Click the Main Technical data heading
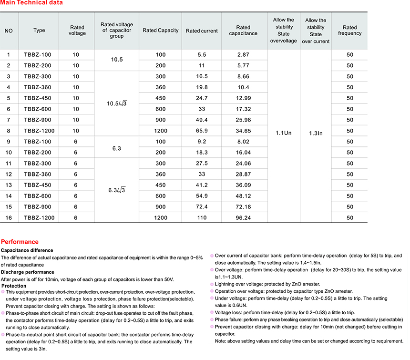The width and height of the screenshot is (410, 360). coord(31,3)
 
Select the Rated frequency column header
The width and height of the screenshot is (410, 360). coord(350,31)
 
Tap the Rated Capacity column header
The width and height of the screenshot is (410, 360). coord(161,31)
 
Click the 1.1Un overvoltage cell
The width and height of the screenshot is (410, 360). coord(284,133)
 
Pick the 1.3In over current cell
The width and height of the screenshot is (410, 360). coord(316,133)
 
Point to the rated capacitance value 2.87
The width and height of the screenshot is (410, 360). coord(243,55)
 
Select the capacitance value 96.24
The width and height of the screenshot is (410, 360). coord(243,217)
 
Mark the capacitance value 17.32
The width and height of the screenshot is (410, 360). coord(243,109)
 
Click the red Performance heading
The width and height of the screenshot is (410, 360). coord(20,242)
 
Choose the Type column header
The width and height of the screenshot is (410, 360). coord(40,31)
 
